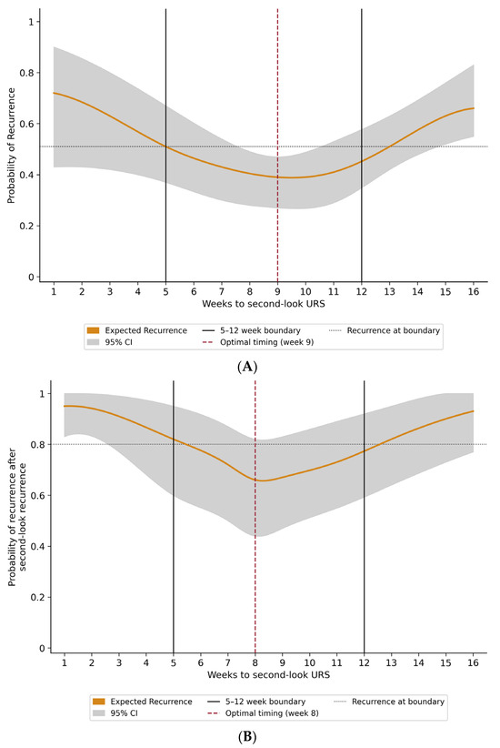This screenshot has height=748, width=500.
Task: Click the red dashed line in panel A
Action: (277, 146)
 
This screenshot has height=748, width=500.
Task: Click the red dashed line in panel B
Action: (255, 517)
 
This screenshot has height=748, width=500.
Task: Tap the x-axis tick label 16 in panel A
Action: (474, 291)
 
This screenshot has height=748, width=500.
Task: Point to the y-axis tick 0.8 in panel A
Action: (27, 73)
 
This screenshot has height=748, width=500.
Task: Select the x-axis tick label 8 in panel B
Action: (255, 662)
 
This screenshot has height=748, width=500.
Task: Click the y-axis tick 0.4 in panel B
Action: (38, 546)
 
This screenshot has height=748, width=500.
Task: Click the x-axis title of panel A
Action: (263, 304)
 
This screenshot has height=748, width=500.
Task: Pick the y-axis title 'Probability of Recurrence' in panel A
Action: (12, 146)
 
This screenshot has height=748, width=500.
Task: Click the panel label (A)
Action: (247, 367)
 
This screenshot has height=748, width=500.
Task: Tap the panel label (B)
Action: (247, 737)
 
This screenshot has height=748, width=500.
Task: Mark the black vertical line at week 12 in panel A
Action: (361, 146)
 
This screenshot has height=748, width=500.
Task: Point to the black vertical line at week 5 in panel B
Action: (174, 517)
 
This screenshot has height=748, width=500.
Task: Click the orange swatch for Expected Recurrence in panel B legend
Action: (99, 702)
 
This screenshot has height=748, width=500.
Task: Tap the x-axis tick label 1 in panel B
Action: (65, 662)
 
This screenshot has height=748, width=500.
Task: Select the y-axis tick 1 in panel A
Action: (31, 22)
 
